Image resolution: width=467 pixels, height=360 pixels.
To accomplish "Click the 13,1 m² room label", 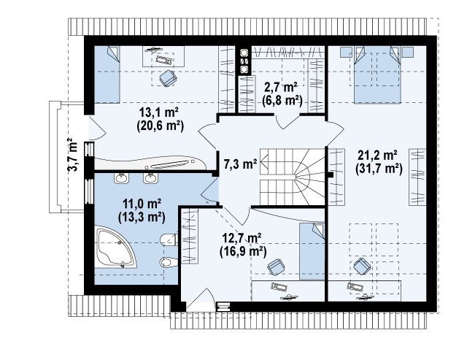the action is (159, 112).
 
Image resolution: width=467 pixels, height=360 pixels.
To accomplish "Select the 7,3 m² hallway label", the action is (240, 164).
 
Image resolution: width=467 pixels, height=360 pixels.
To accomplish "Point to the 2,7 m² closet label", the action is (281, 88).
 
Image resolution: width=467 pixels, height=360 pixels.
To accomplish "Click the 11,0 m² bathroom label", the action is (142, 204).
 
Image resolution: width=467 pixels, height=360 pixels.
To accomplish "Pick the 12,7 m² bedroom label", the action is (242, 238).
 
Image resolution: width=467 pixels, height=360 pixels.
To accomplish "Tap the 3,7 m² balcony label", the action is (73, 154).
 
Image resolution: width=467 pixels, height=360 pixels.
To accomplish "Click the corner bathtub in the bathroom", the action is (115, 247).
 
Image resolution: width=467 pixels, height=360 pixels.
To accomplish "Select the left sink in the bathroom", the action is (121, 178).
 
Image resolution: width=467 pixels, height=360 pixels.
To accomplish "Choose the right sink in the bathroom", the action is (150, 178).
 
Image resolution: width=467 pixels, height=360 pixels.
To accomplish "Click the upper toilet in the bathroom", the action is (169, 240).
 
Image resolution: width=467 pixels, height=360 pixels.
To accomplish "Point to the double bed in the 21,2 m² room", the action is (377, 74).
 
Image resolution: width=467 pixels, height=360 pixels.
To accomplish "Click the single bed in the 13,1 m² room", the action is (107, 74).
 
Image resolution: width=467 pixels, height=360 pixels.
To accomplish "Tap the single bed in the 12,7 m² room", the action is (312, 251).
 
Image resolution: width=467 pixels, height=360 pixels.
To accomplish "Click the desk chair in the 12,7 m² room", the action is (276, 267).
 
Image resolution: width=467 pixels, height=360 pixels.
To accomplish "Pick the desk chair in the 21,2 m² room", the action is (362, 266).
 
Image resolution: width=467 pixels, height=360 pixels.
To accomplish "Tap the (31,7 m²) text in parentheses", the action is (379, 169).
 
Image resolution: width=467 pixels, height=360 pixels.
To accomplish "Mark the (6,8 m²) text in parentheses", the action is (282, 101).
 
